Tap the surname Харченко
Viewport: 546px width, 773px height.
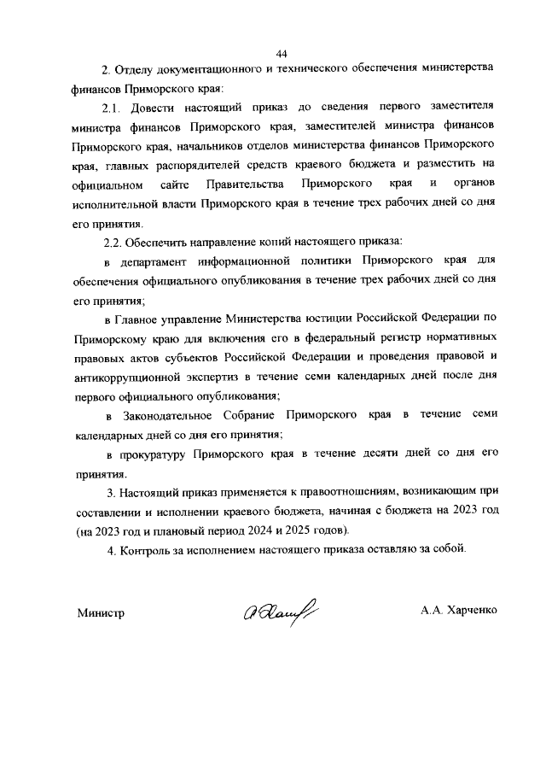[x=469, y=612]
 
